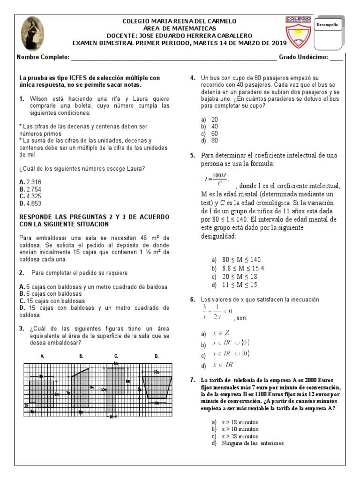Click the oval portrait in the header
tap(33, 33)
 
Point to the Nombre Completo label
tap(43, 58)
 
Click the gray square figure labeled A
tap(42, 394)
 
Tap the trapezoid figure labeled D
tap(157, 386)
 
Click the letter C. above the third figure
tap(116, 356)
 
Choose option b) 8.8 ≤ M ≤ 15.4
tap(237, 268)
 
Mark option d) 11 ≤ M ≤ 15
tap(236, 285)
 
